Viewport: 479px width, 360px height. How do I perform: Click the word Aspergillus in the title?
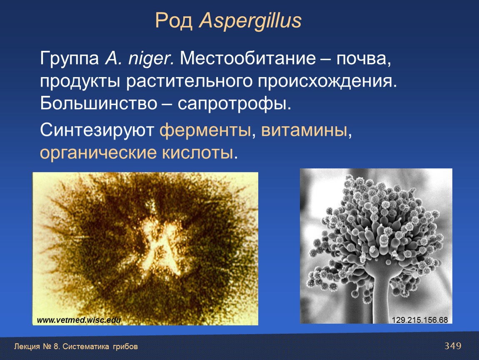click(x=250, y=21)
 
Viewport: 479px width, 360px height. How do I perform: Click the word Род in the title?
click(x=174, y=21)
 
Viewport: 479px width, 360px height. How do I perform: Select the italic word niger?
click(x=151, y=59)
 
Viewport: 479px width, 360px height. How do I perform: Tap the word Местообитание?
click(x=248, y=58)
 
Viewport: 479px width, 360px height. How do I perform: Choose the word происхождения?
click(x=327, y=82)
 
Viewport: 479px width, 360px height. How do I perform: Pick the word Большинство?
click(x=98, y=104)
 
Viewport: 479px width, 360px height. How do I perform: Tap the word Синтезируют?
click(x=97, y=130)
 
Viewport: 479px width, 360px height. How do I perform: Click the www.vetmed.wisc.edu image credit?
click(x=79, y=320)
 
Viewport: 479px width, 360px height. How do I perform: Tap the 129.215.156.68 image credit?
click(x=420, y=320)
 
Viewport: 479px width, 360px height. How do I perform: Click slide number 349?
click(x=453, y=346)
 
